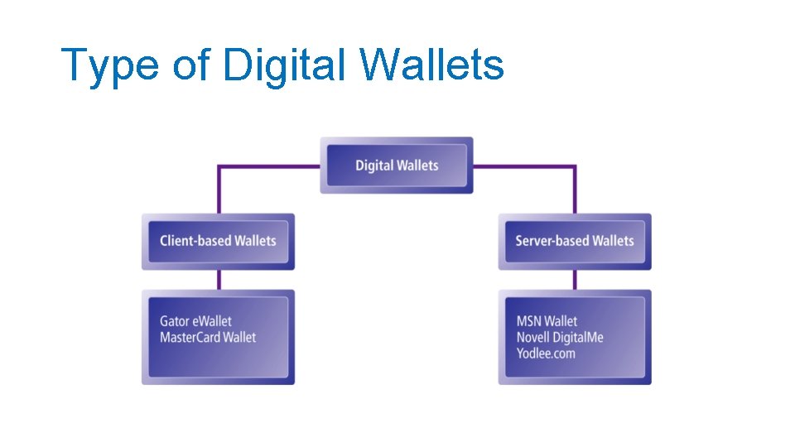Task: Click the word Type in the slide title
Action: (x=109, y=65)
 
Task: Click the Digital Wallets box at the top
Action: (x=397, y=166)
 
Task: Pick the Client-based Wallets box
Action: (x=218, y=241)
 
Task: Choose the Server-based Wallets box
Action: (x=575, y=241)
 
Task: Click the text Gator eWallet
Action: (x=195, y=321)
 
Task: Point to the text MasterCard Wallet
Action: (x=208, y=338)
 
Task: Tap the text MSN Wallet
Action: (x=547, y=321)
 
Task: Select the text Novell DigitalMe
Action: (x=560, y=338)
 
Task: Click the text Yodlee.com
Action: (x=546, y=353)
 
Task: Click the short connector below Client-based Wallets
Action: (x=219, y=279)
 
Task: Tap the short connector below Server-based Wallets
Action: (x=575, y=279)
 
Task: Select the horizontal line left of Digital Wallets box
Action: (x=269, y=166)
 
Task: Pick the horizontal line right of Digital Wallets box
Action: (x=523, y=166)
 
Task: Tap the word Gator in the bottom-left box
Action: (x=175, y=321)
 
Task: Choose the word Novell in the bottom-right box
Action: (x=534, y=338)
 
